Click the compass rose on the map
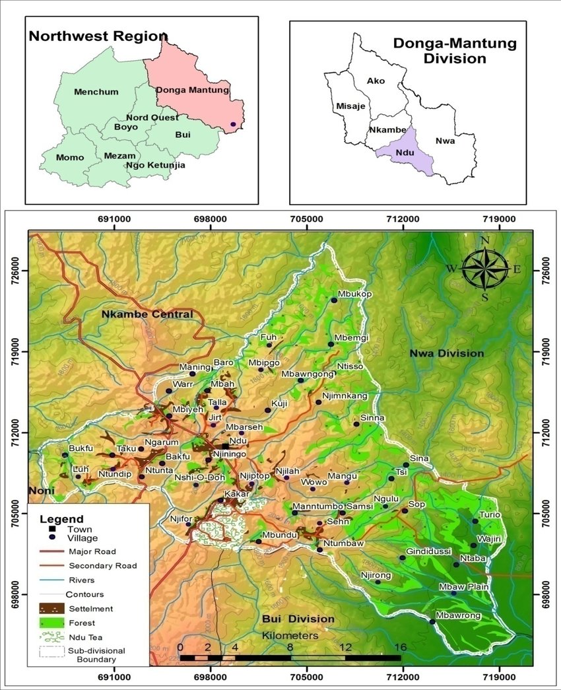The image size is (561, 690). pyautogui.click(x=485, y=268)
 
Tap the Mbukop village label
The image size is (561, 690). pyautogui.click(x=355, y=294)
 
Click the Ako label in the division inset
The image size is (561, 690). pyautogui.click(x=376, y=81)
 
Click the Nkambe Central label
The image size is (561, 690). pyautogui.click(x=147, y=314)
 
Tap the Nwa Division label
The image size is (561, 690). pyautogui.click(x=447, y=353)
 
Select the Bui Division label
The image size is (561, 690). pyautogui.click(x=298, y=619)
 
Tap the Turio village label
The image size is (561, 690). pyautogui.click(x=490, y=514)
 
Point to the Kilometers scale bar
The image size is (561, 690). pyautogui.click(x=290, y=657)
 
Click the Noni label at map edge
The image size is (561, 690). pyautogui.click(x=40, y=491)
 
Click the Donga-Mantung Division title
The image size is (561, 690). pyautogui.click(x=440, y=51)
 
